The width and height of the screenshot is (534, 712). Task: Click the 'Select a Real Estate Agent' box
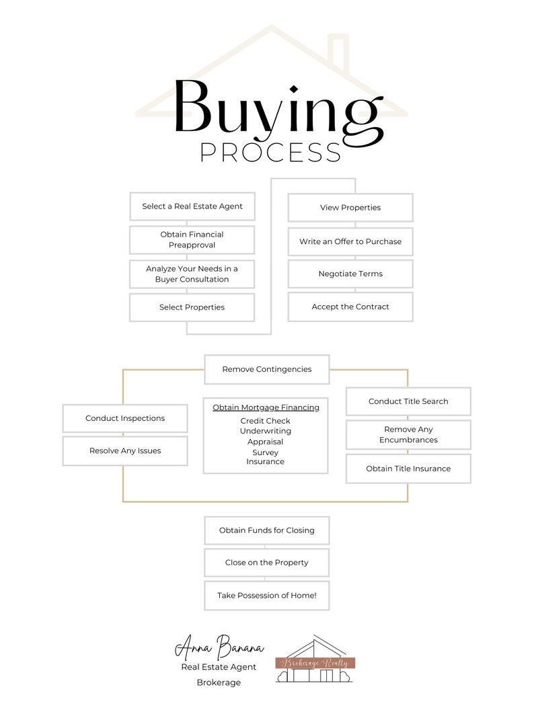[x=192, y=206]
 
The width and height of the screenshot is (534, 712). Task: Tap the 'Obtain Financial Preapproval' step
[x=192, y=240]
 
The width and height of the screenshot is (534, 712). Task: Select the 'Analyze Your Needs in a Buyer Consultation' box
[x=192, y=274]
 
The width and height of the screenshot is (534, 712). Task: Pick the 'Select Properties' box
[x=192, y=307]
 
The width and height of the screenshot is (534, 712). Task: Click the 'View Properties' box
[x=350, y=208]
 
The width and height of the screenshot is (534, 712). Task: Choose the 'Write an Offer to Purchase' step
[x=350, y=241]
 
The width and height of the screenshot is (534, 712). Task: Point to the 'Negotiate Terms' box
[x=350, y=274]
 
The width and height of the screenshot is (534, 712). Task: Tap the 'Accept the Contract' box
[x=350, y=307]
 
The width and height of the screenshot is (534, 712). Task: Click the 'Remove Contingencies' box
[x=267, y=369]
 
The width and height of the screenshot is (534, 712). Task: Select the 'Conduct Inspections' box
[x=125, y=418]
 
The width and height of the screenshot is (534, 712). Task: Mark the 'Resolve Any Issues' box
[x=125, y=450]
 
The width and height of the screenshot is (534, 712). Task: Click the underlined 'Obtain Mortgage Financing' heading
[x=266, y=407]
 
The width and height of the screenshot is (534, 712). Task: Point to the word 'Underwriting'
[x=266, y=431]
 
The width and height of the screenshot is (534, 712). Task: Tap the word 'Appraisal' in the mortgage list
[x=266, y=442]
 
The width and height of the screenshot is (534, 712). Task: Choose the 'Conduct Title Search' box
[x=408, y=401]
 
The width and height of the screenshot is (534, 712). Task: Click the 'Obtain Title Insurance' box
[x=408, y=469]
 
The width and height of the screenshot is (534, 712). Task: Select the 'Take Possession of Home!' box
[x=267, y=596]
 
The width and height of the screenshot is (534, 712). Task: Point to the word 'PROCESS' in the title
[x=271, y=153]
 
